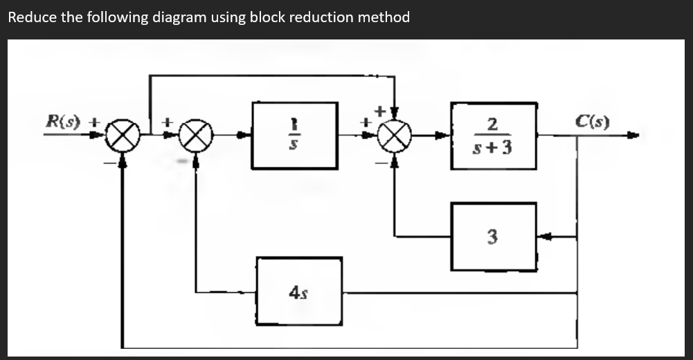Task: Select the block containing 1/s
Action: (x=294, y=136)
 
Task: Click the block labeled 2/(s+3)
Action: (x=494, y=136)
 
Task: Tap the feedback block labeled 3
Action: (x=493, y=237)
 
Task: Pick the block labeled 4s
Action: (x=299, y=291)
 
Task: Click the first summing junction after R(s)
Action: (x=123, y=136)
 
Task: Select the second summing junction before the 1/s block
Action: (x=196, y=136)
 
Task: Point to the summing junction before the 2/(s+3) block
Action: (x=395, y=136)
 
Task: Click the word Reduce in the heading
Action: (x=32, y=17)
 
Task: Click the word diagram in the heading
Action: (x=177, y=17)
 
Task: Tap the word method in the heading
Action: (x=384, y=17)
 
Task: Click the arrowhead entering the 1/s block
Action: (x=244, y=136)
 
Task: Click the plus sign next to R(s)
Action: (x=97, y=122)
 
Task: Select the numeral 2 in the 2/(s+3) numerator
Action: (x=492, y=125)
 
